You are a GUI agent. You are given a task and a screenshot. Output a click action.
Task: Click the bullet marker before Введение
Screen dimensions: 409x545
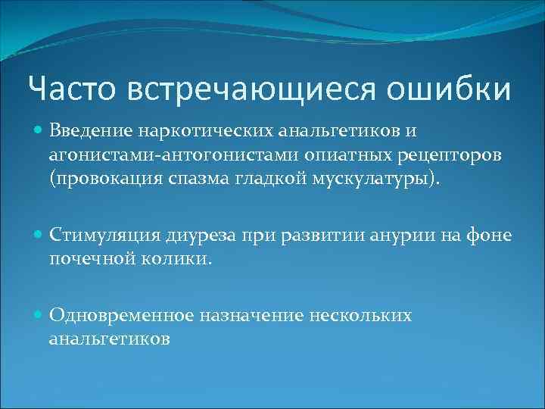coord(38,132)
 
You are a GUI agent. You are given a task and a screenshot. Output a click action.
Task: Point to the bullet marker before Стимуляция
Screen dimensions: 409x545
coord(38,236)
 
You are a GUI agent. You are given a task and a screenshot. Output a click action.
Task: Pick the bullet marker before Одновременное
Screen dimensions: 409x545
coord(38,315)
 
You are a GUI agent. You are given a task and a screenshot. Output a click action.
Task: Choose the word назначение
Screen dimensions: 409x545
coord(251,315)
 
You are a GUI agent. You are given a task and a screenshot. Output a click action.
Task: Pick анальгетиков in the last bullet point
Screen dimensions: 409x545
coord(109,337)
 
